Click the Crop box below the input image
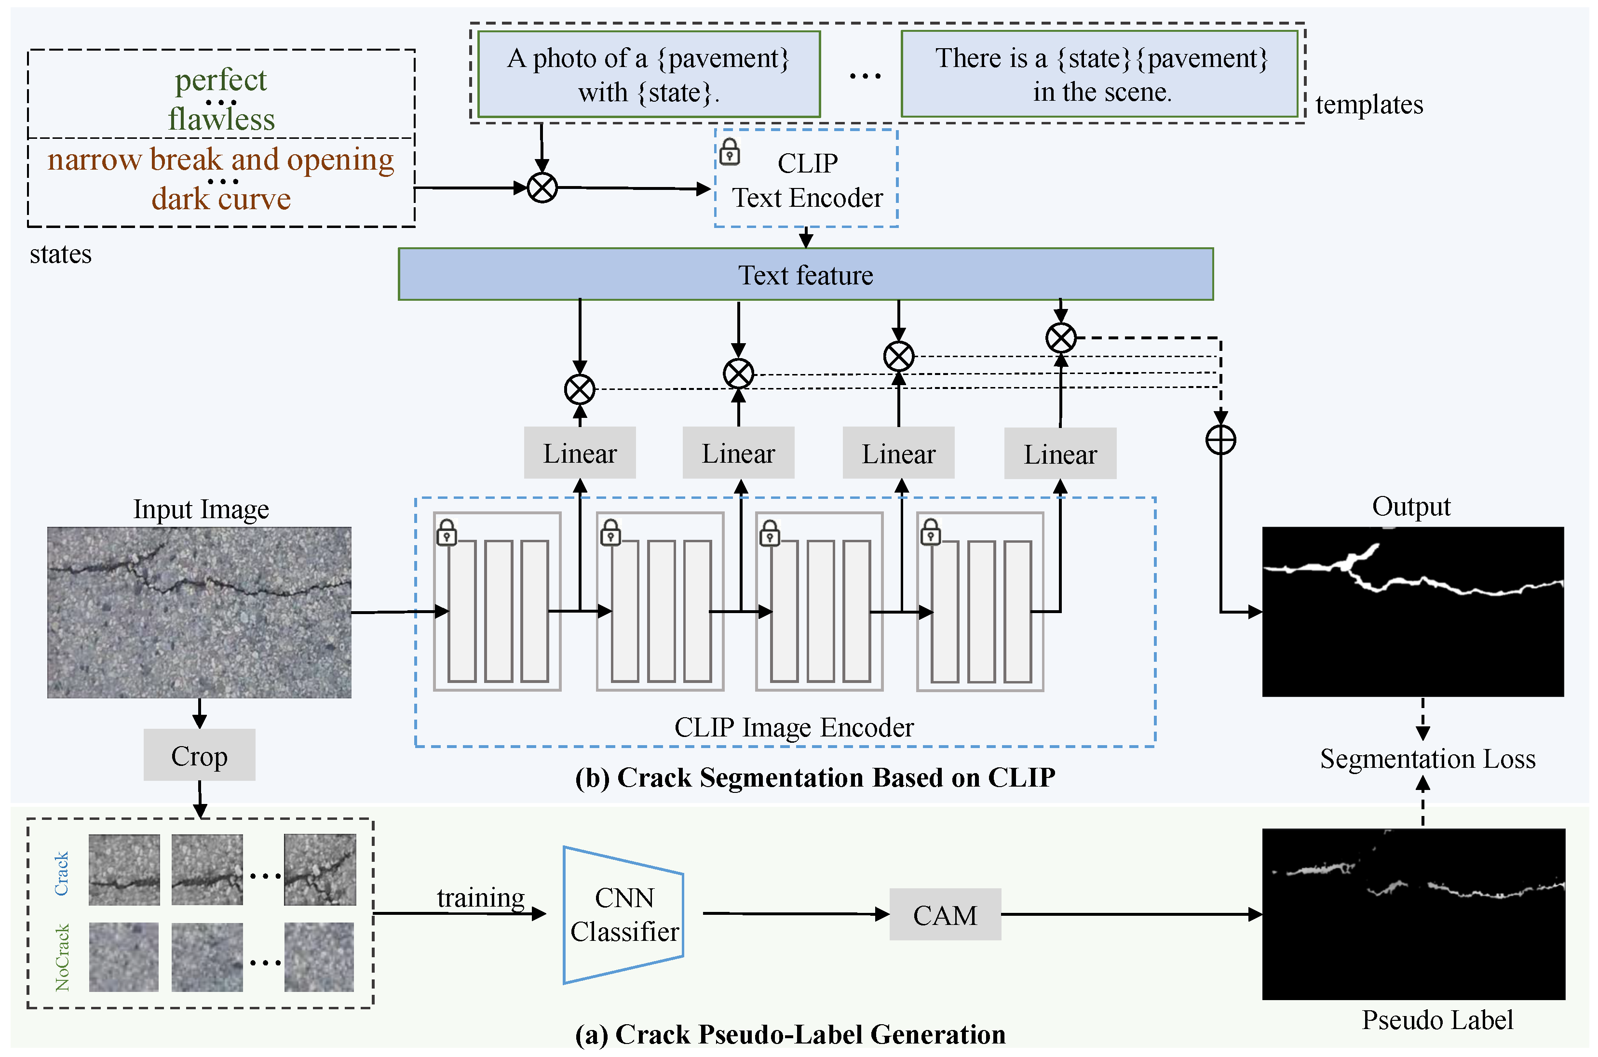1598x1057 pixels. pyautogui.click(x=199, y=754)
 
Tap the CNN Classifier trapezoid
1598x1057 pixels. pyautogui.click(x=623, y=915)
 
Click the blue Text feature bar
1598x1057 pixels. pyautogui.click(x=806, y=274)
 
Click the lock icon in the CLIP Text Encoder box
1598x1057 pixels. pyautogui.click(x=730, y=152)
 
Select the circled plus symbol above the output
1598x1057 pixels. pyautogui.click(x=1220, y=440)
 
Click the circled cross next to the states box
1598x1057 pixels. pyautogui.click(x=542, y=187)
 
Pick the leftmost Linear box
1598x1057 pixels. pyautogui.click(x=580, y=453)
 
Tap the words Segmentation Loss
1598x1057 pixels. pyautogui.click(x=1427, y=758)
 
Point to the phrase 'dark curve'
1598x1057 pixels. pyautogui.click(x=221, y=199)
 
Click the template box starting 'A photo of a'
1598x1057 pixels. pyautogui.click(x=649, y=74)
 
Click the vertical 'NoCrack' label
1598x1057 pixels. pyautogui.click(x=62, y=957)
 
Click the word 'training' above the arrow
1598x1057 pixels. pyautogui.click(x=480, y=898)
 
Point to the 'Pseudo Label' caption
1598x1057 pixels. pyautogui.click(x=1437, y=1020)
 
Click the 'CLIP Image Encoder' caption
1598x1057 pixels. pyautogui.click(x=794, y=727)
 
